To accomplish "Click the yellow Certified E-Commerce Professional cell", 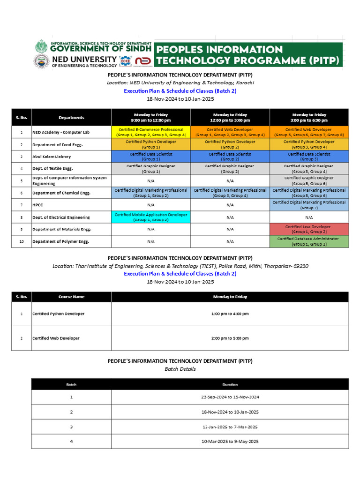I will (x=151, y=132).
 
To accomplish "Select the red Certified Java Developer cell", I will (x=309, y=229).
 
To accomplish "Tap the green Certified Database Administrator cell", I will (x=309, y=241).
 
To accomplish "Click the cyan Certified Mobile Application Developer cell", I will (x=151, y=217).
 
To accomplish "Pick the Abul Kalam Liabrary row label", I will (x=52, y=157).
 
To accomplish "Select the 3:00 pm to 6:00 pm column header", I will (x=309, y=117).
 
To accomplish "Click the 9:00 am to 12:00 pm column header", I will (x=151, y=117).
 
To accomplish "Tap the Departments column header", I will (x=71, y=118).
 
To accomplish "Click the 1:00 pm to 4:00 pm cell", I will (x=230, y=314).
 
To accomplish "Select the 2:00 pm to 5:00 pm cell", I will (x=230, y=338).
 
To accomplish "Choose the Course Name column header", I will (x=71, y=297).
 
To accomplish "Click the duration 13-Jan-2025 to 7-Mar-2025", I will (x=230, y=427).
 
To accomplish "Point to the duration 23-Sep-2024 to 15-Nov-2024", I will (x=230, y=397).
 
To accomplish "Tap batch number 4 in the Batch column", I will (x=71, y=442).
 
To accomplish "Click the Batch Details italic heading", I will (x=180, y=369).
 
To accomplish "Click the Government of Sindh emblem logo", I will (x=41, y=47).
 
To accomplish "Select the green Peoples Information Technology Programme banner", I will (x=248, y=55).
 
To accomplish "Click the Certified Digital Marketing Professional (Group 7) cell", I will (x=309, y=205).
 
